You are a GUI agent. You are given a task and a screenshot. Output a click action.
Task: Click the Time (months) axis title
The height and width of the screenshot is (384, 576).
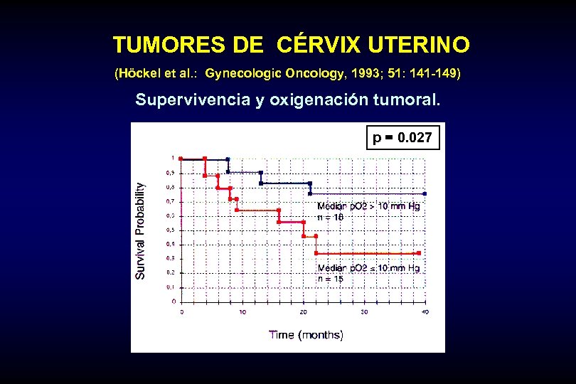click(x=306, y=334)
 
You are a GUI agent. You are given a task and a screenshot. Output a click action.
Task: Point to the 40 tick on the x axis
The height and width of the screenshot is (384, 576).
click(x=425, y=311)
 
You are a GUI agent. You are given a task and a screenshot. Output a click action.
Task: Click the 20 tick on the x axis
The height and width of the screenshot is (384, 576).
click(x=304, y=311)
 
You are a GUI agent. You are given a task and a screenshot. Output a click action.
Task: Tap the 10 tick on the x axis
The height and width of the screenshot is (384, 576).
click(x=242, y=311)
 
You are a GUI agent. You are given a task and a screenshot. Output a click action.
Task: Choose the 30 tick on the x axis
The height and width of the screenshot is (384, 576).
click(x=364, y=311)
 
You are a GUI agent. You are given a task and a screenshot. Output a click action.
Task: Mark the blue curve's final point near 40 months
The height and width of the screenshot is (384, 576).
click(x=425, y=193)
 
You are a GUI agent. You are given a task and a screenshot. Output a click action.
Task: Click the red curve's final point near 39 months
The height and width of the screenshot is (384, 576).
click(x=420, y=252)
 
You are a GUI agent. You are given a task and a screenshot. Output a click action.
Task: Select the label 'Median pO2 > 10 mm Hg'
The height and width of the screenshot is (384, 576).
click(x=368, y=206)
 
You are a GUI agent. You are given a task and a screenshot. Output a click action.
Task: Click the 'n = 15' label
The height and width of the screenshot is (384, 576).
click(x=330, y=279)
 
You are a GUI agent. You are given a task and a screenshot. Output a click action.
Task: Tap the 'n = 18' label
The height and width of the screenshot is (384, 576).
click(x=330, y=217)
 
